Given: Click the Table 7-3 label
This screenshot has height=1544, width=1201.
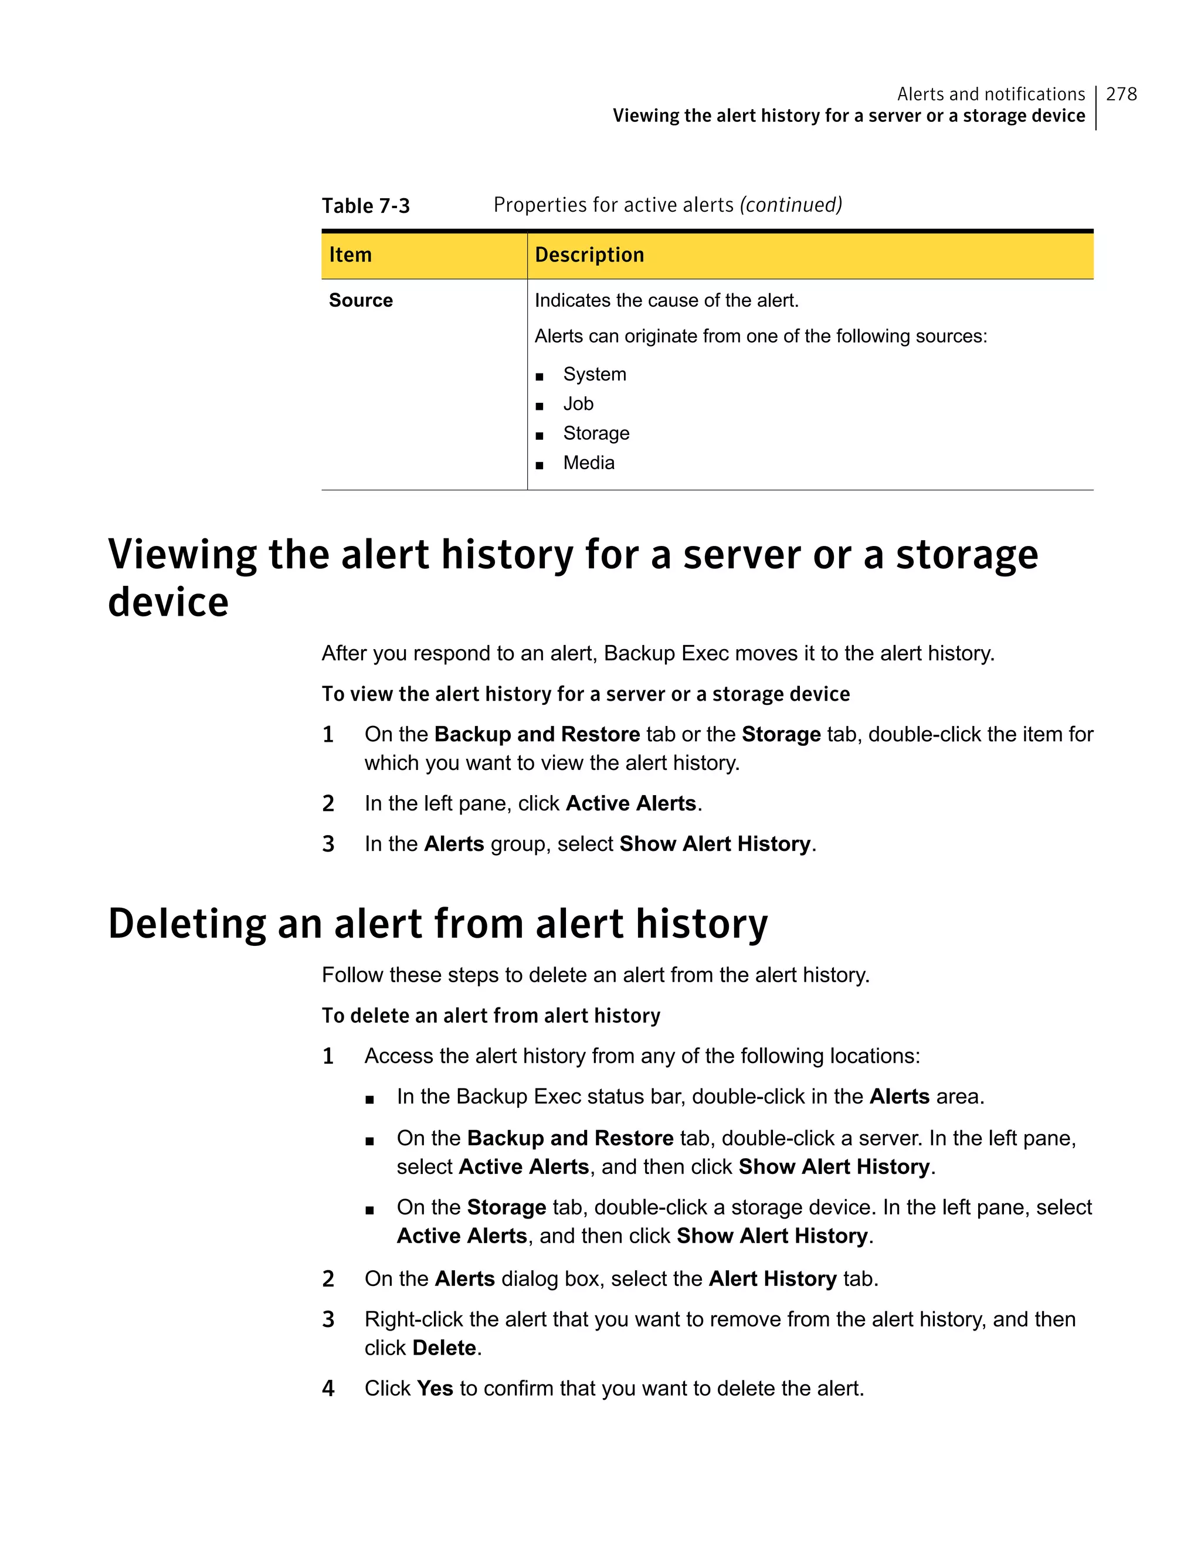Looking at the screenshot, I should pyautogui.click(x=365, y=206).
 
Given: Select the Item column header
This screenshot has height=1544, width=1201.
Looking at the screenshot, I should pyautogui.click(x=351, y=254).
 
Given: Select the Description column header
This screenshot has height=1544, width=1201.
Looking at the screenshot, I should pyautogui.click(x=589, y=254).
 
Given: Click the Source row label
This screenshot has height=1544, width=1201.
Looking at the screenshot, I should pyautogui.click(x=361, y=300).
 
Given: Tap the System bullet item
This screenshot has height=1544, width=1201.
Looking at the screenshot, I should pyautogui.click(x=594, y=374).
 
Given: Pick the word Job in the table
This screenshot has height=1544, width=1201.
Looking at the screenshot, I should pyautogui.click(x=578, y=403).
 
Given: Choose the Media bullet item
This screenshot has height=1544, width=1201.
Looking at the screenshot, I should pyautogui.click(x=588, y=463).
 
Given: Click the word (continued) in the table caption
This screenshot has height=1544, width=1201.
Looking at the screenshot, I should pyautogui.click(x=791, y=205).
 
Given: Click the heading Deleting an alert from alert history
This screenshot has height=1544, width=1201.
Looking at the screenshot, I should pyautogui.click(x=437, y=924).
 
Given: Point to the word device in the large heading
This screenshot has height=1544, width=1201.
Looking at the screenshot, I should pyautogui.click(x=168, y=602).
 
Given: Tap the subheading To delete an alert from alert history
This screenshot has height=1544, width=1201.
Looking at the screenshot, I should pyautogui.click(x=491, y=1016).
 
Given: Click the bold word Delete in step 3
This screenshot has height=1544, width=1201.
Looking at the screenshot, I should pyautogui.click(x=444, y=1348).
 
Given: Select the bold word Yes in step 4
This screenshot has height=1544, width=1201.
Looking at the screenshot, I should pyautogui.click(x=435, y=1389).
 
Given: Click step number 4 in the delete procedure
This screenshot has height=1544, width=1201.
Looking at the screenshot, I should pyautogui.click(x=328, y=1389).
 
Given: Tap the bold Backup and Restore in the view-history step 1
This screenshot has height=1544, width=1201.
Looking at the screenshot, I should pyautogui.click(x=537, y=735).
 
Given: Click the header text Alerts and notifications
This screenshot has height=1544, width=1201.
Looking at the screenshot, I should pyautogui.click(x=990, y=94).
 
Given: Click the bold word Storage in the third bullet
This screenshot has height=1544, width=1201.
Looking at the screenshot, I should pyautogui.click(x=506, y=1207).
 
